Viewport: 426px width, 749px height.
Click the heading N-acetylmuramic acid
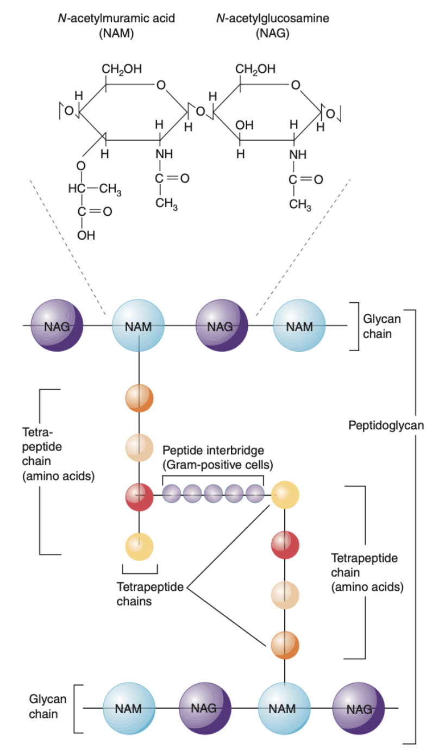pos(116,19)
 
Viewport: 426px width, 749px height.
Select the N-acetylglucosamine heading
pos(272,19)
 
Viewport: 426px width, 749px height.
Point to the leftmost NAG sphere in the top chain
pos(57,326)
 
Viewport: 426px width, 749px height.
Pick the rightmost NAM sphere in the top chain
pos(299,326)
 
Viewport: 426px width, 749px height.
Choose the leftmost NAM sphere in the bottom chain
pos(129,709)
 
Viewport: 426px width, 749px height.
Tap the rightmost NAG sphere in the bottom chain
pos(359,709)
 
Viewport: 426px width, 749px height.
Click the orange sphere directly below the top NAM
pos(139,398)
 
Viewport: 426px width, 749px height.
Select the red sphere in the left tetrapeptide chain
pos(139,495)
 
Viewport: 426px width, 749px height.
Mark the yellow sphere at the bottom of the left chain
pos(139,546)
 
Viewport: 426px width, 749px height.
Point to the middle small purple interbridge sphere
pos(213,495)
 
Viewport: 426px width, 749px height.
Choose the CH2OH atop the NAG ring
pos(255,69)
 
